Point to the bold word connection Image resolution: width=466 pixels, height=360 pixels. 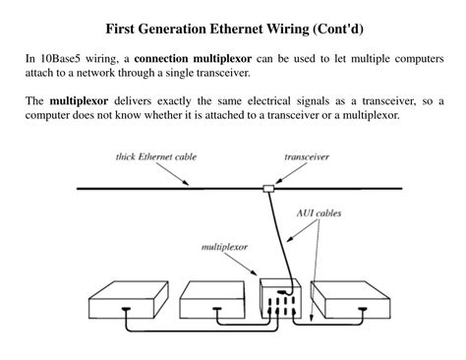(x=170, y=59)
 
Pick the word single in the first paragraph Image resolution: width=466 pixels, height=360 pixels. (x=182, y=74)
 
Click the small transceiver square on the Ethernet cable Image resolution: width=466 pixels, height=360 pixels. (x=267, y=188)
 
